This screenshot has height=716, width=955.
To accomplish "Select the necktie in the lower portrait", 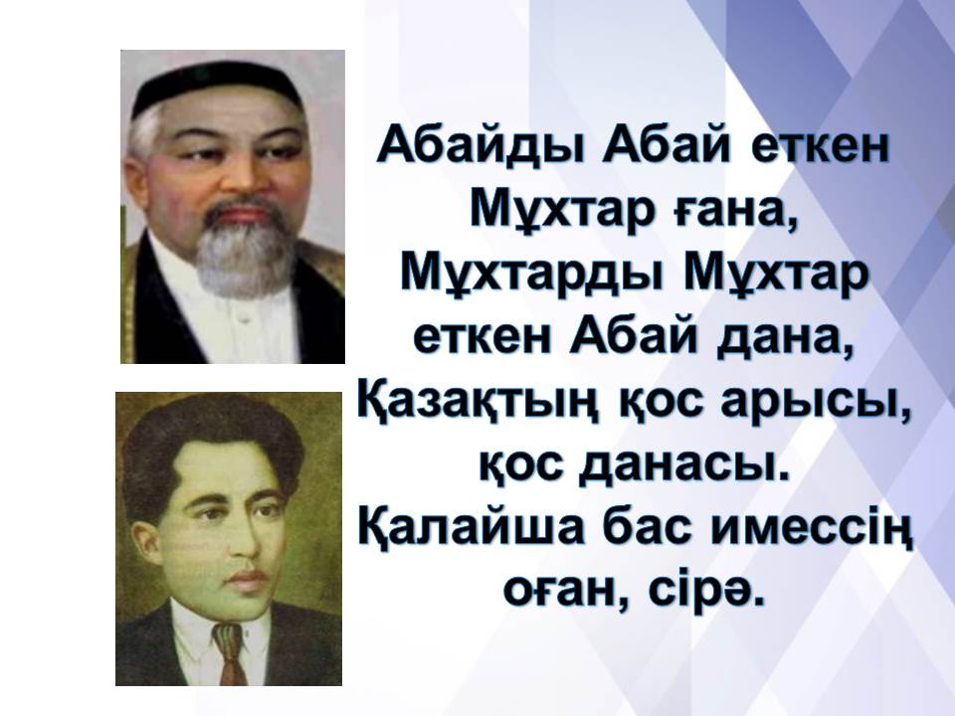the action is (230, 653).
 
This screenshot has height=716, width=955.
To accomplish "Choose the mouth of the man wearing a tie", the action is (244, 580).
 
